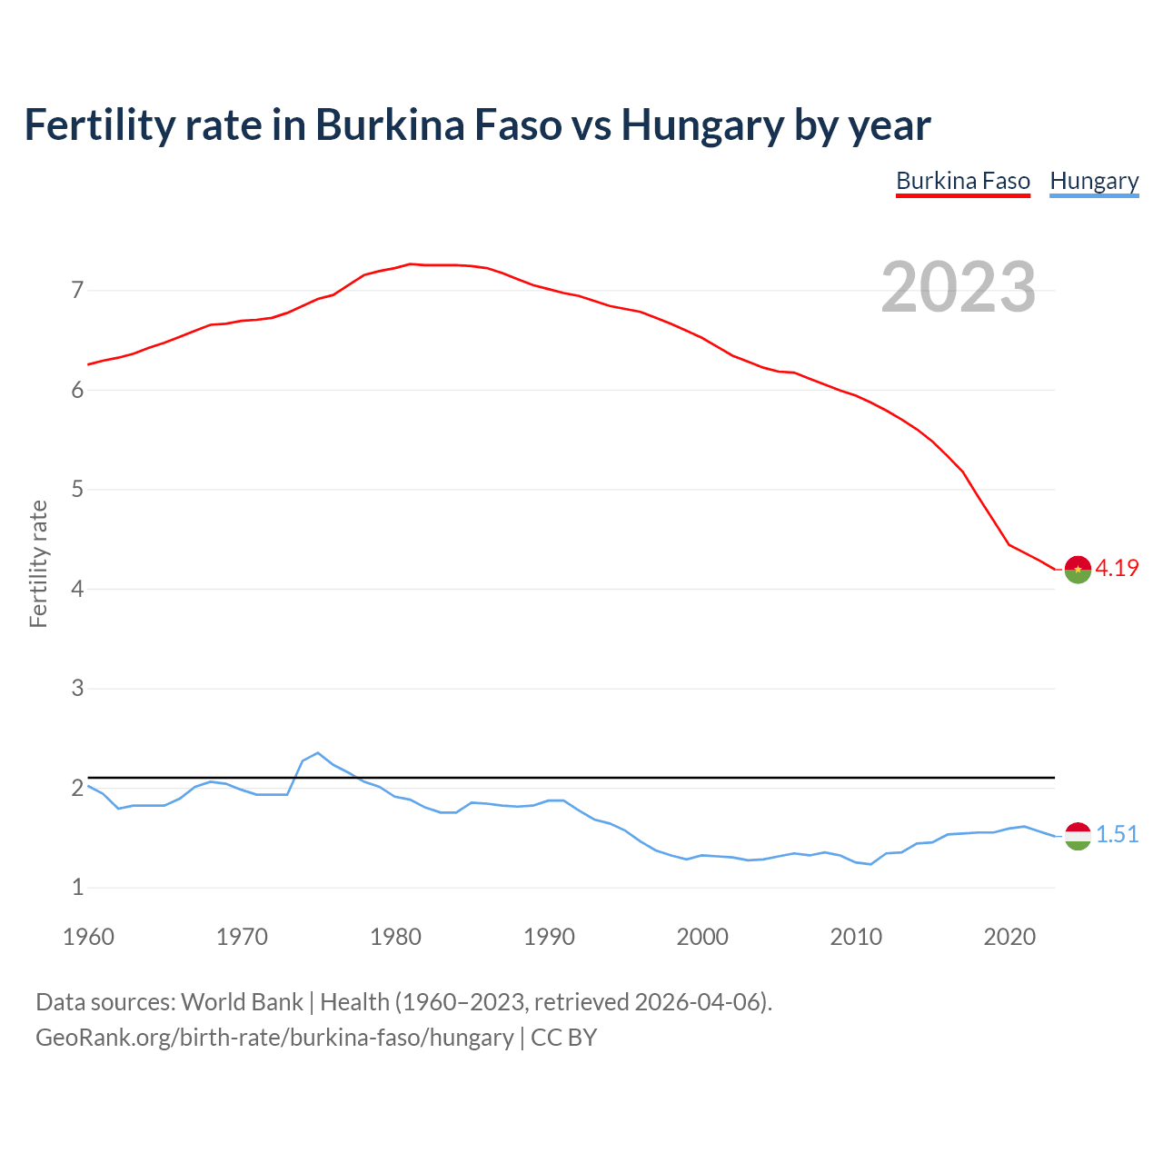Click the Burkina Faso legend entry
pyautogui.click(x=962, y=181)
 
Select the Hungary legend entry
pyautogui.click(x=1094, y=181)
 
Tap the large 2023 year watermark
pyautogui.click(x=958, y=287)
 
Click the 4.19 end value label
pyautogui.click(x=1117, y=568)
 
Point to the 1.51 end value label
pyautogui.click(x=1117, y=834)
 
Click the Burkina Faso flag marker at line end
pyautogui.click(x=1078, y=569)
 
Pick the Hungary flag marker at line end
pyautogui.click(x=1078, y=835)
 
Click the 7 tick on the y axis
pyautogui.click(x=77, y=291)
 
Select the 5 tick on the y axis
pyautogui.click(x=77, y=490)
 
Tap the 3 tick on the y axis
pyautogui.click(x=77, y=689)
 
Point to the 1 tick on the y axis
pyautogui.click(x=77, y=888)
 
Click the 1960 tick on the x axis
pyautogui.click(x=88, y=937)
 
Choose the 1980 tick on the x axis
pyautogui.click(x=395, y=937)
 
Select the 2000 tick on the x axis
pyautogui.click(x=702, y=937)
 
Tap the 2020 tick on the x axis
pyautogui.click(x=1009, y=937)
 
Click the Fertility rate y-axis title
pyautogui.click(x=38, y=563)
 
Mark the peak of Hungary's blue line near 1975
pyautogui.click(x=317, y=753)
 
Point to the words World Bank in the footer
pyautogui.click(x=242, y=1002)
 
